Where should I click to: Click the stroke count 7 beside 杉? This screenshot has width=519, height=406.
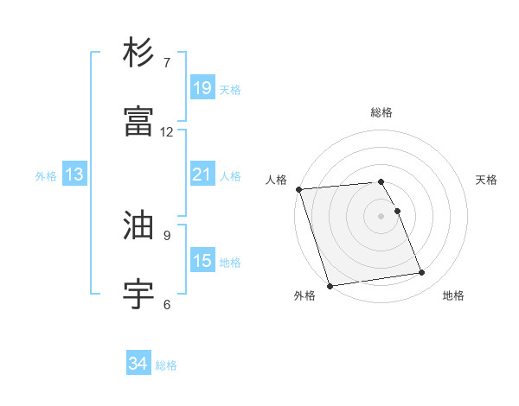tap(167, 62)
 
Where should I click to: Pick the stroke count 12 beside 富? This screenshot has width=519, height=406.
tap(167, 131)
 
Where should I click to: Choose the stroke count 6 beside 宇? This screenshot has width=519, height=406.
tap(167, 304)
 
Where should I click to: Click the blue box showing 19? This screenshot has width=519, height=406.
tap(202, 88)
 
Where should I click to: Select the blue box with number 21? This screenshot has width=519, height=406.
tap(202, 174)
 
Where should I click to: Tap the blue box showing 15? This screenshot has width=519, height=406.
tap(202, 261)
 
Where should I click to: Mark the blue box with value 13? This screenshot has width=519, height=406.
tap(74, 174)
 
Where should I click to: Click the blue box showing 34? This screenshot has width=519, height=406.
tap(138, 365)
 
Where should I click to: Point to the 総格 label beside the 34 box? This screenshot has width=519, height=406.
tap(166, 365)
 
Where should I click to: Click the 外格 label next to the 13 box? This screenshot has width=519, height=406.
tap(46, 175)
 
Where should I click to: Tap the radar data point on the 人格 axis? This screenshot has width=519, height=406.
tap(298, 189)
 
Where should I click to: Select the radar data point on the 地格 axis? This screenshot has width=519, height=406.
tap(422, 273)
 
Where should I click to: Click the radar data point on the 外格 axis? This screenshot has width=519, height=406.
tap(330, 284)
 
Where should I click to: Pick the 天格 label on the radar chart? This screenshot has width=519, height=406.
tap(487, 180)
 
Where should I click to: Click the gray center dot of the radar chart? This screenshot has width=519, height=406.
tap(381, 215)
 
